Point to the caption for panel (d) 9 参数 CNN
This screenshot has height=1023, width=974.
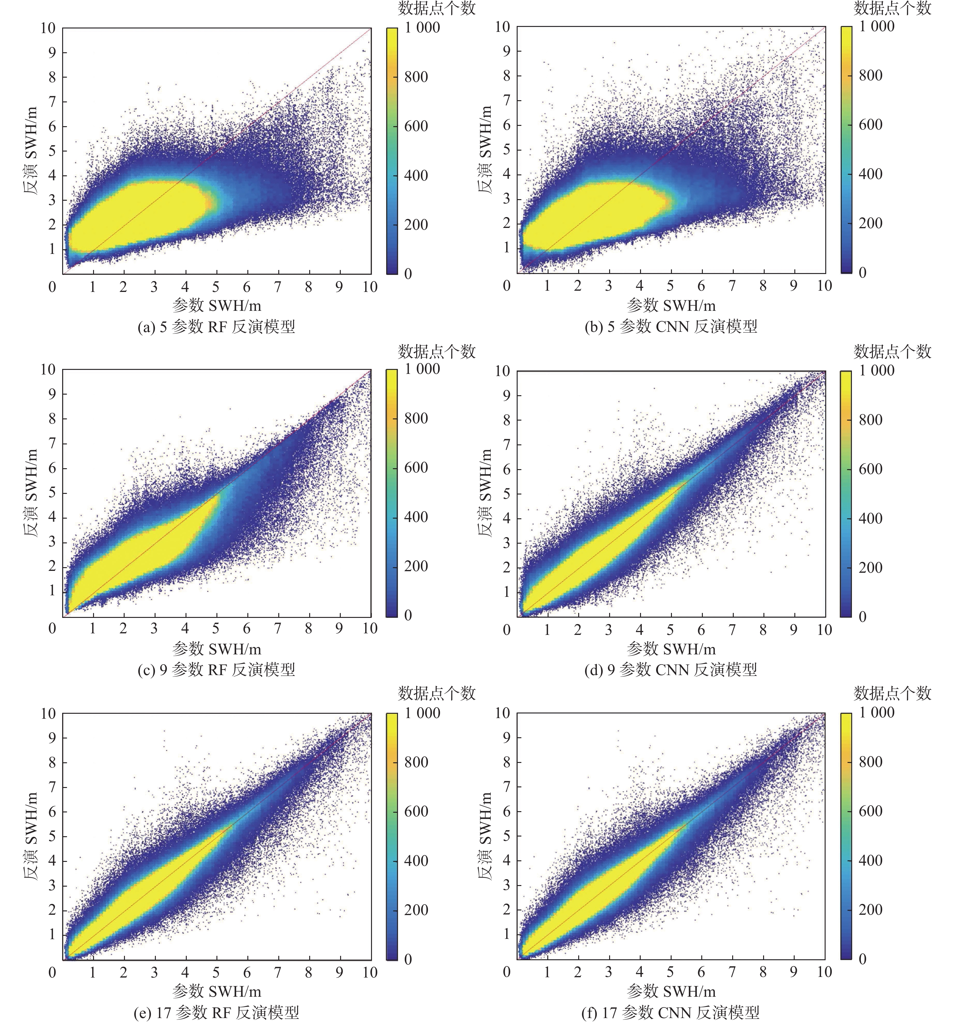pos(671,670)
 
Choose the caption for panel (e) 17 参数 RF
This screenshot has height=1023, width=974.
pos(216,1012)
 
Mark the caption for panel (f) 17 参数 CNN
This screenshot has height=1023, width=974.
pos(671,1012)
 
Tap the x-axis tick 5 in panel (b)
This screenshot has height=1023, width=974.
pos(670,286)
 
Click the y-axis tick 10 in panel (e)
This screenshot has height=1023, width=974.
pos(48,713)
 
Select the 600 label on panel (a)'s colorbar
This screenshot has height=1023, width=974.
pos(417,126)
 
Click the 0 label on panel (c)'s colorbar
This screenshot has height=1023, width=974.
pos(408,615)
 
